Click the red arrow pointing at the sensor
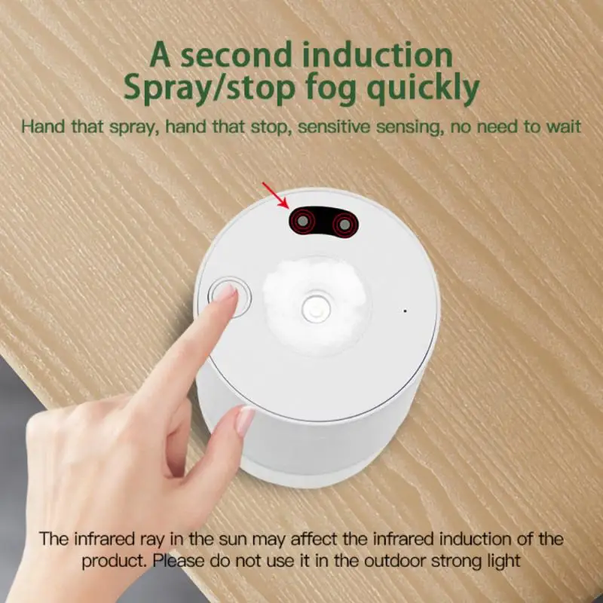274,193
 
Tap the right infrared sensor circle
345,223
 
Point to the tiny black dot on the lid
405,311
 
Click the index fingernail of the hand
225,292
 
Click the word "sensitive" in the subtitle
338,125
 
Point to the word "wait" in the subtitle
562,125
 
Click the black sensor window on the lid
325,222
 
